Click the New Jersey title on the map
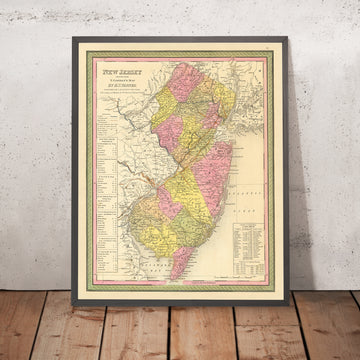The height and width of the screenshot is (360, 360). click(117, 72)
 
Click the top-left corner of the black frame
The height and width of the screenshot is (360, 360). click(72, 38)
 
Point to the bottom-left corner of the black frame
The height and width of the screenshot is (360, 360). click(74, 294)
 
